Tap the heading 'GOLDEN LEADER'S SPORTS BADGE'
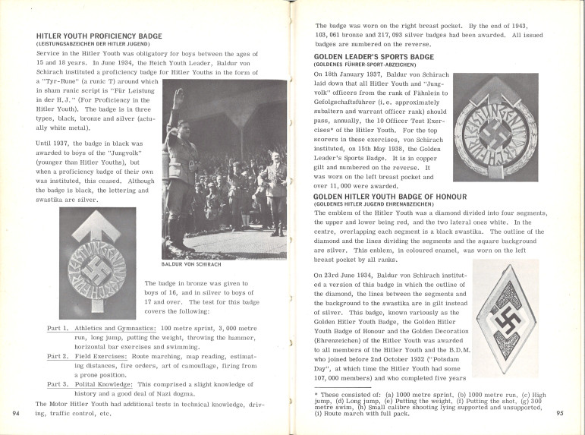(x=374, y=57)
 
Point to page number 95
(x=560, y=414)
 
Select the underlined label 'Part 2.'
(x=58, y=356)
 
